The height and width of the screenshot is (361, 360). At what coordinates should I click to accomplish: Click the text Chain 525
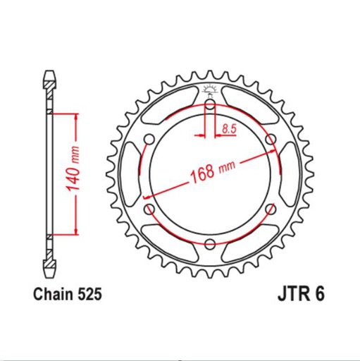(x=68, y=294)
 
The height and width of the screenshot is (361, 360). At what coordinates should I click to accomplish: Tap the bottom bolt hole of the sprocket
(x=209, y=244)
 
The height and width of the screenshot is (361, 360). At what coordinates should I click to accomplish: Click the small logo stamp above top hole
(x=209, y=90)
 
